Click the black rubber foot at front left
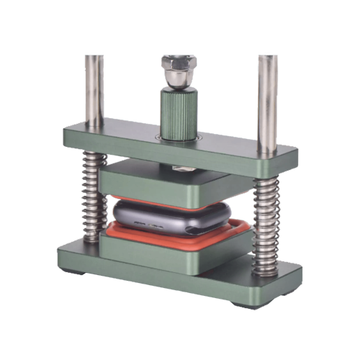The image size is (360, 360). pyautogui.click(x=72, y=271)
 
